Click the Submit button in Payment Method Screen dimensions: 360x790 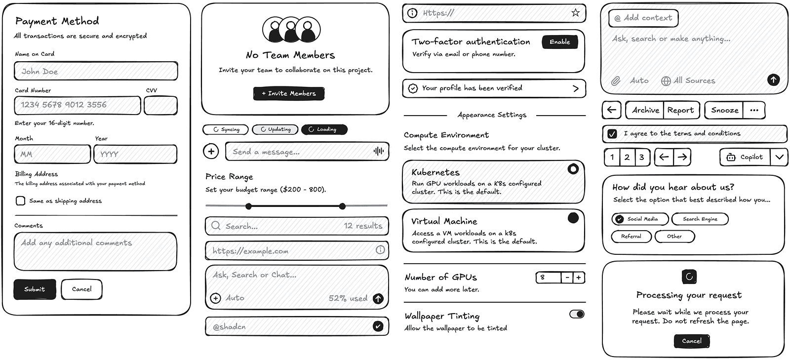pos(34,289)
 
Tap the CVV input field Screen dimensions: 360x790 pos(160,106)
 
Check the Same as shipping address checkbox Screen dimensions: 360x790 pos(20,200)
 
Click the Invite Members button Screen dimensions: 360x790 pos(289,93)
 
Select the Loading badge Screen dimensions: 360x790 pos(324,129)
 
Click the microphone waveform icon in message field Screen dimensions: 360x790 pos(379,151)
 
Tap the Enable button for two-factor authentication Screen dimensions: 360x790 pos(559,42)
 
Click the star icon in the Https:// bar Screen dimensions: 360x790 pos(575,13)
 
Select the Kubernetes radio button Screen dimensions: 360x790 pos(573,169)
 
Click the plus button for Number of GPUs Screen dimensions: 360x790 pos(578,278)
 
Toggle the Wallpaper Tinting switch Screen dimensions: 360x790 pos(577,314)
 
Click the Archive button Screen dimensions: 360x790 pos(645,110)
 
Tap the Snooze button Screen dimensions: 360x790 pos(724,110)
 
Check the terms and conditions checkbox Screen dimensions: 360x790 pos(612,133)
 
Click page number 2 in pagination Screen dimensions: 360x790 pos(627,157)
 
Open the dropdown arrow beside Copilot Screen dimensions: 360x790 pos(779,157)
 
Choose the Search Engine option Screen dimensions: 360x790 pos(700,219)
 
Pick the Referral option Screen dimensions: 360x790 pos(631,237)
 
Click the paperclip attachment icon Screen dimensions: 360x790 pos(615,80)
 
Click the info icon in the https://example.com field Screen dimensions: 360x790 pos(380,250)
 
